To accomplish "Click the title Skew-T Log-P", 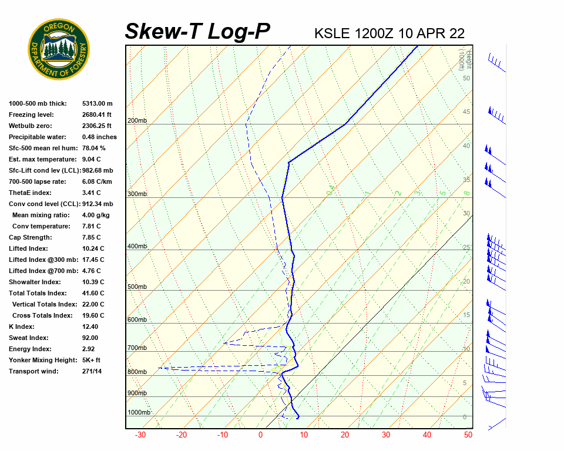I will [197, 32].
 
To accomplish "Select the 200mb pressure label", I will [137, 121].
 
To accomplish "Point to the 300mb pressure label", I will [137, 194].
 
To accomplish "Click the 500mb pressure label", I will [137, 287].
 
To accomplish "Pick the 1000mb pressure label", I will [139, 412].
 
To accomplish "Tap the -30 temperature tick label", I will [140, 435].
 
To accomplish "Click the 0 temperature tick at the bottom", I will [261, 435].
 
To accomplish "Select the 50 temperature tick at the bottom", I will [468, 435].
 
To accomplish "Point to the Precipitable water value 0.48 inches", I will [99, 137].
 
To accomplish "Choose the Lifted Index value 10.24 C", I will [93, 248].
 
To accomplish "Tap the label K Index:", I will [22, 327].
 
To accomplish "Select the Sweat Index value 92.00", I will [90, 338].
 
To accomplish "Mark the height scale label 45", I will [466, 112].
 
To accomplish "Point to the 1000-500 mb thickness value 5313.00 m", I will [97, 103].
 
